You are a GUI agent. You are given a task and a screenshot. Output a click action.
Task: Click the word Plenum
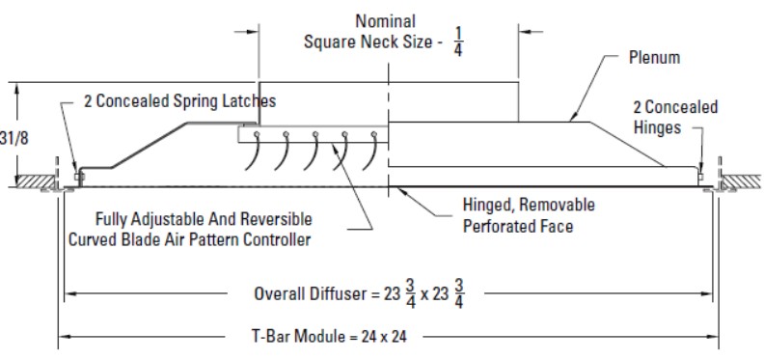pyautogui.click(x=654, y=58)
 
